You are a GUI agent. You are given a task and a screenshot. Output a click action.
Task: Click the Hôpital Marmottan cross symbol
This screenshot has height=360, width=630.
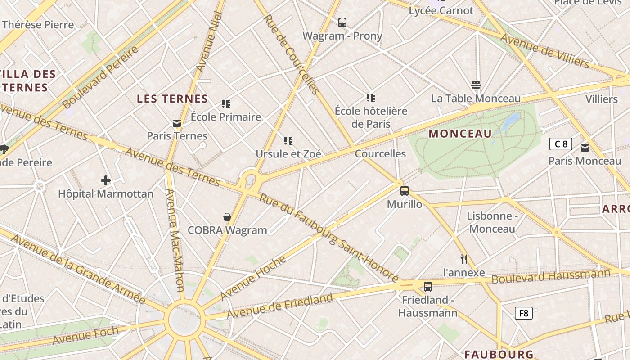(106, 181)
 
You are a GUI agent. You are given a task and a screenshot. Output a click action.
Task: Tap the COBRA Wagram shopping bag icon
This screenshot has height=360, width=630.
(227, 217)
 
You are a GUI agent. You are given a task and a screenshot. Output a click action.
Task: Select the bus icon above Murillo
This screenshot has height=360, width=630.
(405, 191)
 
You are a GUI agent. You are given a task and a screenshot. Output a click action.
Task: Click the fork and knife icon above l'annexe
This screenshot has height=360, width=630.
(464, 259)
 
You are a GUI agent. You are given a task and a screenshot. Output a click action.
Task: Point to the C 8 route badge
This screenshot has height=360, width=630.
(561, 144)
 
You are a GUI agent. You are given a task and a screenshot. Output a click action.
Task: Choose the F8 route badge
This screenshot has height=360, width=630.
(523, 313)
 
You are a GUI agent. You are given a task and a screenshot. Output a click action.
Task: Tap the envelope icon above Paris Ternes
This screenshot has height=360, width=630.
(177, 123)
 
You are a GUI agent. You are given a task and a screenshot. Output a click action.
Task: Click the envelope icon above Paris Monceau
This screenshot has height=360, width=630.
(585, 148)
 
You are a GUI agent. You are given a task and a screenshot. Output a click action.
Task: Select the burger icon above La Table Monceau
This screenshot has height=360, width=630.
(476, 85)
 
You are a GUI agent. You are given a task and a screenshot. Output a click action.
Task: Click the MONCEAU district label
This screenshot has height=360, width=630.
(460, 134)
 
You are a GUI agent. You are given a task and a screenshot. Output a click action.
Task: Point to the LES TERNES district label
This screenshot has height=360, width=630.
(172, 99)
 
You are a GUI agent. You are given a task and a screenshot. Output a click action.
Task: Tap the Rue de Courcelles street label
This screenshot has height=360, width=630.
(291, 54)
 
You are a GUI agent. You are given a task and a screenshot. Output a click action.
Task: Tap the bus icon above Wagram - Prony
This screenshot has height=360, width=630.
(342, 22)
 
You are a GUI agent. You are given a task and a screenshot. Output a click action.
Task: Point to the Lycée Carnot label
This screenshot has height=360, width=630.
(441, 11)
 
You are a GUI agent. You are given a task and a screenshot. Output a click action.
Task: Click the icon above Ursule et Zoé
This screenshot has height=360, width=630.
(288, 141)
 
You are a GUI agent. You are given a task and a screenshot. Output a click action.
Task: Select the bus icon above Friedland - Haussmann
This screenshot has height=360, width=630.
(427, 286)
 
